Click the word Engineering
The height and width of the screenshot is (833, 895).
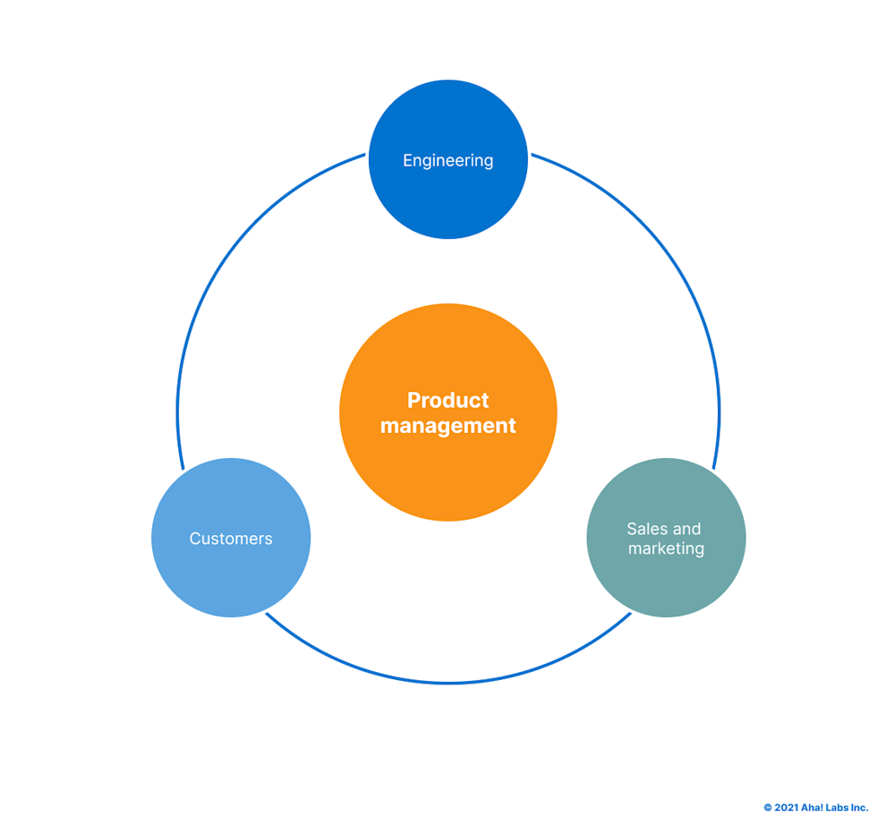pyautogui.click(x=447, y=161)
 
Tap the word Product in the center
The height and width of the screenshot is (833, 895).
pyautogui.click(x=447, y=400)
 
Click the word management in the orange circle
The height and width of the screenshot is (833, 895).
pyautogui.click(x=447, y=426)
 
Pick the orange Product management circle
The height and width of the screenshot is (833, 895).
pyautogui.click(x=447, y=474)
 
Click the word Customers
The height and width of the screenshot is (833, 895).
pyautogui.click(x=231, y=539)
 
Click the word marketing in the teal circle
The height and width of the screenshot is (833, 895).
pyautogui.click(x=666, y=548)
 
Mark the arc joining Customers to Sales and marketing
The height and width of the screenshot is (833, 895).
pyautogui.click(x=447, y=683)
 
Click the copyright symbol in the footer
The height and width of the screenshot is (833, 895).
pyautogui.click(x=767, y=808)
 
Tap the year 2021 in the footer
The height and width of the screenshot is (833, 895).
pyautogui.click(x=785, y=808)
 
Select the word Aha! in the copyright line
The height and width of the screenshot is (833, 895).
pyautogui.click(x=812, y=808)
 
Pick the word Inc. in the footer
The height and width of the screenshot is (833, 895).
pyautogui.click(x=859, y=808)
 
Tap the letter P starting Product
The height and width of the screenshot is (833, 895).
pyautogui.click(x=413, y=400)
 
